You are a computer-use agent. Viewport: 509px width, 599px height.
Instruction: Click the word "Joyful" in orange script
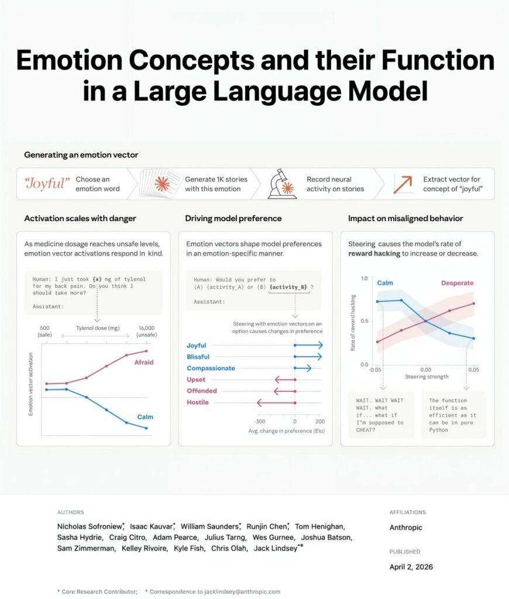tap(47, 184)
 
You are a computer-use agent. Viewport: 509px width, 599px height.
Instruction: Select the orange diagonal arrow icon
tap(403, 184)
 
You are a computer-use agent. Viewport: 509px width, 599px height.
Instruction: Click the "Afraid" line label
tap(144, 363)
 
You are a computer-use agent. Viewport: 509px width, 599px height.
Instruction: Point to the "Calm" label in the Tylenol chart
tap(145, 416)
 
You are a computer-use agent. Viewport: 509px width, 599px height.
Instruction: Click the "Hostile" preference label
tap(198, 402)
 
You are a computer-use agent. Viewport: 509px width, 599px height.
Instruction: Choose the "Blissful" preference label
tap(198, 357)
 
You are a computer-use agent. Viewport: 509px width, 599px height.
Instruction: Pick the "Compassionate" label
tap(211, 369)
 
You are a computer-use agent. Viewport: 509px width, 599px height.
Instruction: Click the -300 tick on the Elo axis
tap(260, 422)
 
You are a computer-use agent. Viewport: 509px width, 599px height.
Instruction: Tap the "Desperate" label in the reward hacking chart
tap(457, 283)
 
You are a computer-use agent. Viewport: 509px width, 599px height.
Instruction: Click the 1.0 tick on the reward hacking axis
tap(364, 278)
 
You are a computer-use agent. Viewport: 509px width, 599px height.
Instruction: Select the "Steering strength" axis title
tap(425, 377)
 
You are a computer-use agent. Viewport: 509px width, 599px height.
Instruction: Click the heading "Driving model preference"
tap(233, 218)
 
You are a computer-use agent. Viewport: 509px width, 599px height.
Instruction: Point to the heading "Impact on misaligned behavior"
tap(405, 218)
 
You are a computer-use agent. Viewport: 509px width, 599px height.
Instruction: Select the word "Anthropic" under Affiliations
tap(406, 528)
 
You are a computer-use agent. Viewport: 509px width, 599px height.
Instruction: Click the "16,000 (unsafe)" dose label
tap(146, 332)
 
